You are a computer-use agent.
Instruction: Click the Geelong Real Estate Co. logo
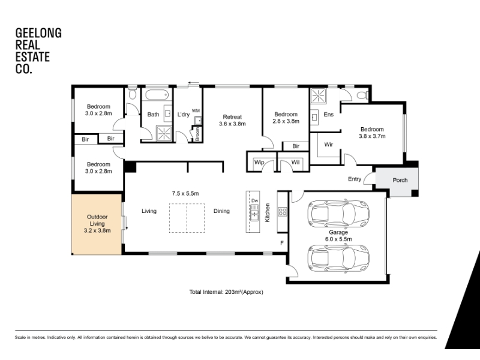coord(38,51)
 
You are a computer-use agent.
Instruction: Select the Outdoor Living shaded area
coord(97,224)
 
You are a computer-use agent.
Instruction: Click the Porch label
coord(400,181)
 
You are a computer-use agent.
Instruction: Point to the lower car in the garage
coord(338,259)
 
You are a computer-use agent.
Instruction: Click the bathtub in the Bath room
coord(157,95)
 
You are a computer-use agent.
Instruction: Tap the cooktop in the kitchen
coord(282,212)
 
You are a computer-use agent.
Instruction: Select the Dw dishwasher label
coord(254,201)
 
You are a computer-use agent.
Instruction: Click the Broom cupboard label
coord(197,134)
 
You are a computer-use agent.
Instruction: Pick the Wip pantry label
coord(259,162)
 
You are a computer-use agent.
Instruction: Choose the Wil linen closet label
coord(295,162)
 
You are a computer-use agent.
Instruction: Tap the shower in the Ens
coord(319,96)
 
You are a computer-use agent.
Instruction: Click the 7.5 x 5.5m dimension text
coord(185,193)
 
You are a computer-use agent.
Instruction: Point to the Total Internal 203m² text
coord(226,292)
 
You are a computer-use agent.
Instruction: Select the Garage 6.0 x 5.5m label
coord(338,236)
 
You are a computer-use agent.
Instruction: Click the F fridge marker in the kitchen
coord(282,243)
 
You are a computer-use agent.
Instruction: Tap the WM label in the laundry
coord(196,110)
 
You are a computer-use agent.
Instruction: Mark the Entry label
coord(355,179)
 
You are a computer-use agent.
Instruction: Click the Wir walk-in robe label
coord(328,145)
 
